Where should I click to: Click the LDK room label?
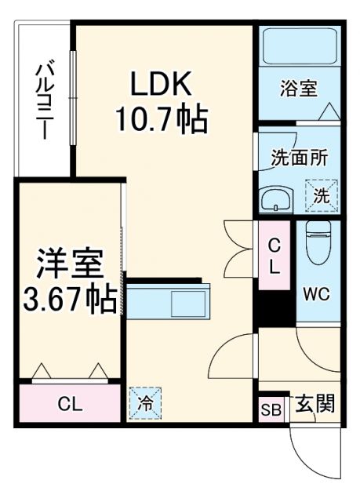(162, 82)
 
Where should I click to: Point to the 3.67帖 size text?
(69, 299)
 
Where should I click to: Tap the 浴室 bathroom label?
(299, 88)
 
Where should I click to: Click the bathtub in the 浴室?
(299, 47)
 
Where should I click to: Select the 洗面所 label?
(299, 157)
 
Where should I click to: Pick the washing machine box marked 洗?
(321, 195)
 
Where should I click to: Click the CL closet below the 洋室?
(70, 405)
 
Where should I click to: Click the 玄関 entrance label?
(316, 404)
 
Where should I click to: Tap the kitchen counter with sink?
(168, 301)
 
